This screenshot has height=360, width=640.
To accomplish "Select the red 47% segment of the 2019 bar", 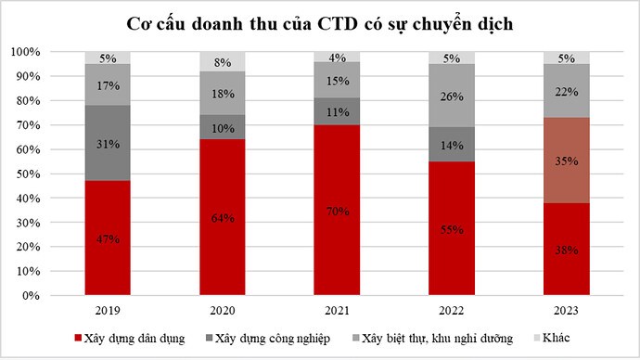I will coord(108,238).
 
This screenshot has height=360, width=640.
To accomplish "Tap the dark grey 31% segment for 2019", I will coord(108,143).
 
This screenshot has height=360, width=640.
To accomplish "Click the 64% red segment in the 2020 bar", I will coord(223,217).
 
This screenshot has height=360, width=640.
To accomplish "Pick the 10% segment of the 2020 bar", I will coord(223,127).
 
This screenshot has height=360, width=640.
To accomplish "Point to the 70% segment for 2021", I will coord(338,210).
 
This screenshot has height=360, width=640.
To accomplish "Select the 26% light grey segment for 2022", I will coord(452,96).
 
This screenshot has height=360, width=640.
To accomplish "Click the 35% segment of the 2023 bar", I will coord(567,160).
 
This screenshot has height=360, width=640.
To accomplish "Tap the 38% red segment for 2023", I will coord(567,249).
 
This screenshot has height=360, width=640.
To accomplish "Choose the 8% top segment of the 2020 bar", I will coord(223,62).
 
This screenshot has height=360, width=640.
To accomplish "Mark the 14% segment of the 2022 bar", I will coord(452,144).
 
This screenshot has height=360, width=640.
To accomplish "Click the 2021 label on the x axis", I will coord(338,309).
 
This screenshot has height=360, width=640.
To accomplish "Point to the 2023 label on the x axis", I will coord(567,309).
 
